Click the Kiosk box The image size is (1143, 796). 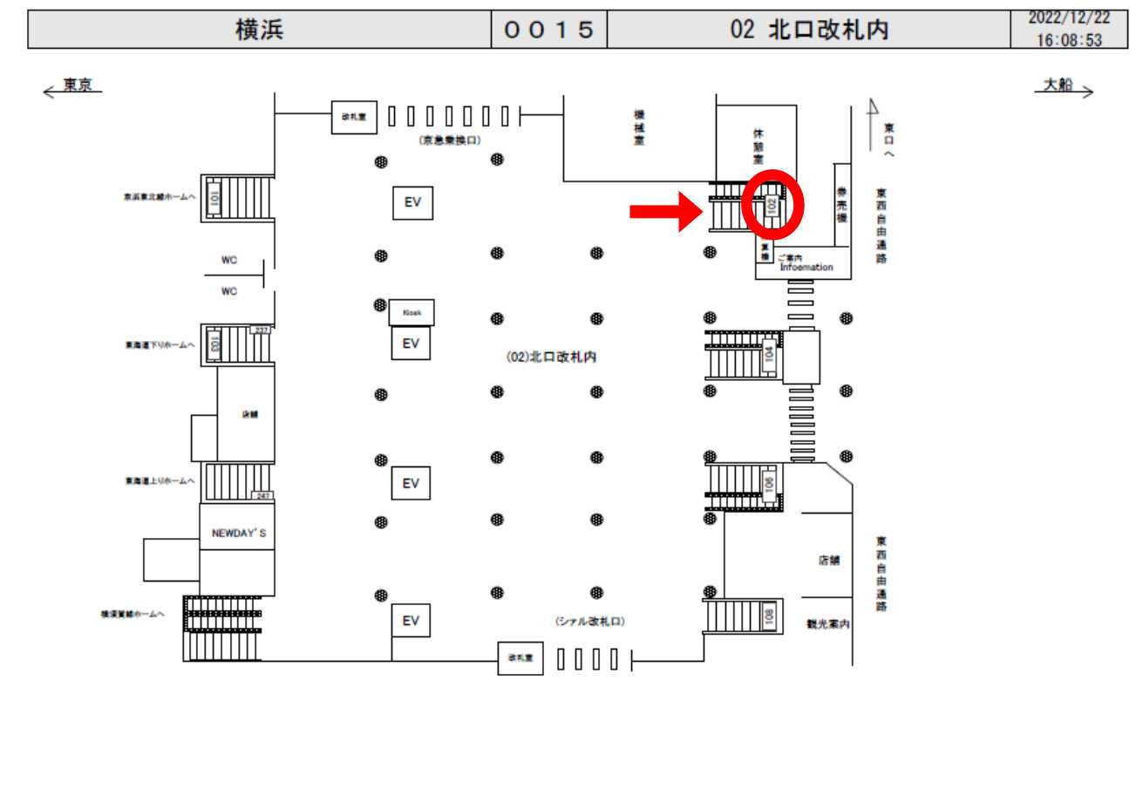pos(412,312)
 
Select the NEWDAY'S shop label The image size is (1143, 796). pos(237,532)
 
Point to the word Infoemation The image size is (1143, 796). pos(806,268)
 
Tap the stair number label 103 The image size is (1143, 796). pos(213,343)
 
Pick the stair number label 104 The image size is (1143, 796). pos(769,353)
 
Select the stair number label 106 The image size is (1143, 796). pos(769,486)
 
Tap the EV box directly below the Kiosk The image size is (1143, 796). pos(411,343)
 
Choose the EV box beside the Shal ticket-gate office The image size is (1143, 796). pos(411,620)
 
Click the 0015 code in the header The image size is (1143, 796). pos(549,30)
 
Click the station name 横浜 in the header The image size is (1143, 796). pos(260,30)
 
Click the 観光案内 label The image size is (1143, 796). pos(827,624)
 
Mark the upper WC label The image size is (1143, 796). pos(229,260)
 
